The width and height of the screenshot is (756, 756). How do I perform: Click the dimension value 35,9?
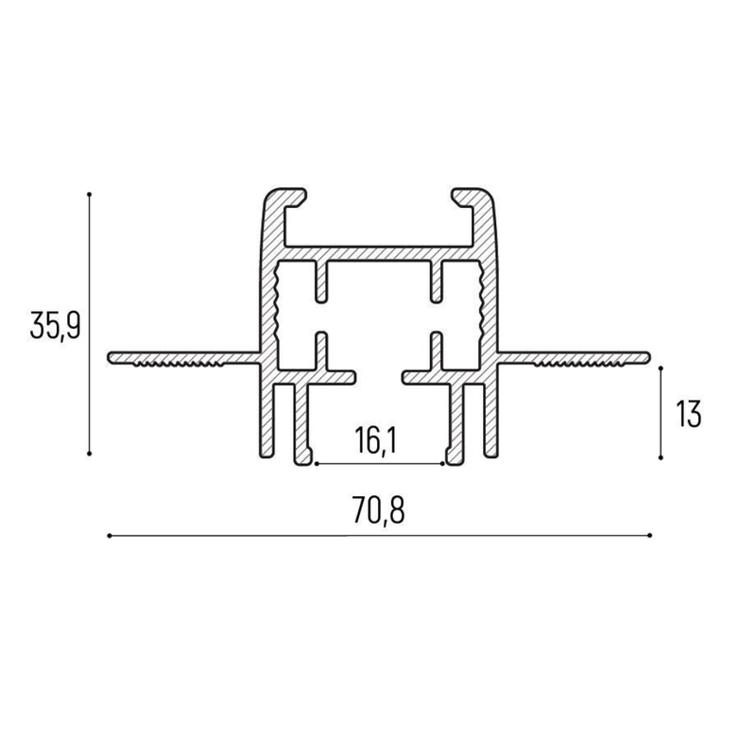click(54, 325)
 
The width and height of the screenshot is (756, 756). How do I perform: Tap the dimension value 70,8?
click(379, 510)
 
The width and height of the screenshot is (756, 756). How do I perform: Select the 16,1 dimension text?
click(375, 440)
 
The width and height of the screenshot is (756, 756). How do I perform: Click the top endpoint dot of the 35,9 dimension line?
click(89, 195)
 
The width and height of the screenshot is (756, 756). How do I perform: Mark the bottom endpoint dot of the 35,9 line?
click(89, 454)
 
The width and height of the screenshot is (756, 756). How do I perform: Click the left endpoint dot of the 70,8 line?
click(110, 535)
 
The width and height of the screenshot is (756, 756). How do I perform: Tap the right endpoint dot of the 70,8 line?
click(650, 535)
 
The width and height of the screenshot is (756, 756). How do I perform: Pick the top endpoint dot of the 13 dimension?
click(661, 369)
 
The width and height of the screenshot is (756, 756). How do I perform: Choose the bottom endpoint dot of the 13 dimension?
click(661, 457)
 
